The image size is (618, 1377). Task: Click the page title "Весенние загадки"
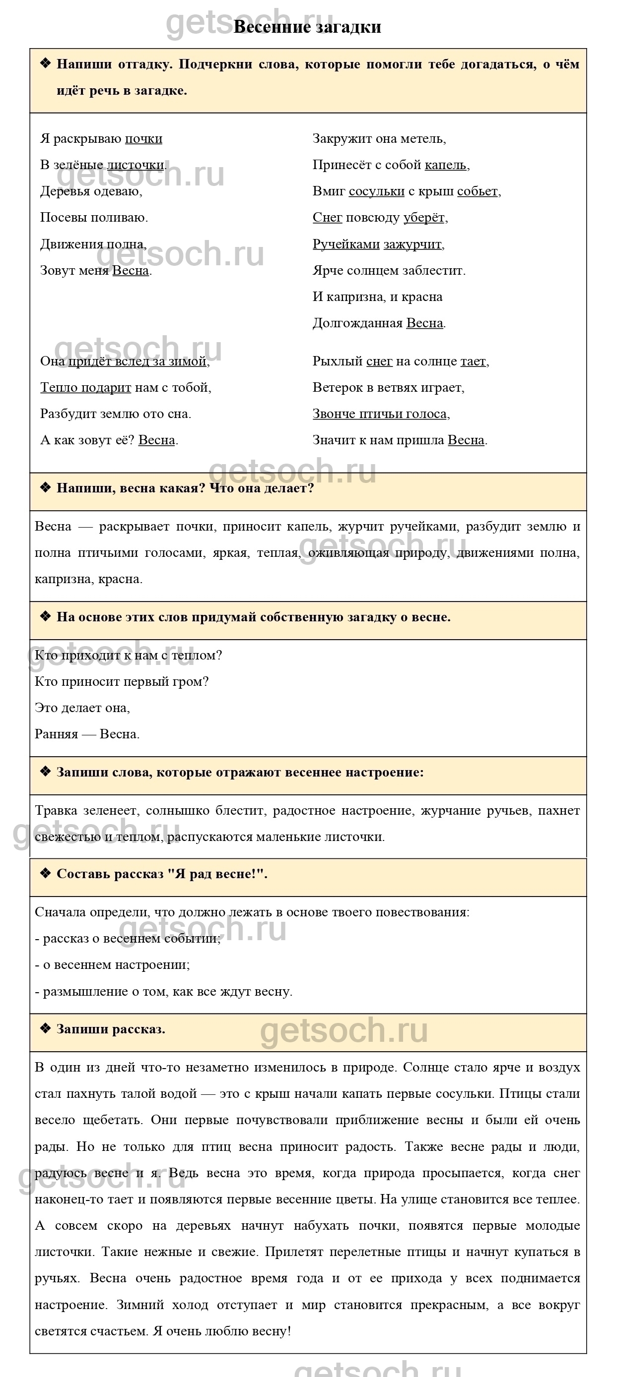click(x=307, y=27)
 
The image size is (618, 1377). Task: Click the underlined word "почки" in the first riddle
click(x=143, y=138)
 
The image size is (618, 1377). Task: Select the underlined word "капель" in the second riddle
click(x=445, y=165)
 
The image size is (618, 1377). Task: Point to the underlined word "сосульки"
click(x=377, y=191)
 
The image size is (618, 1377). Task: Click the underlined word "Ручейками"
click(x=345, y=244)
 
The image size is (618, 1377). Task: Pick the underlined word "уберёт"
click(x=424, y=217)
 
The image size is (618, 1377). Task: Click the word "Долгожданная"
click(x=357, y=323)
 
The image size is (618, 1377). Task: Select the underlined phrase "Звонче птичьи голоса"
click(x=380, y=414)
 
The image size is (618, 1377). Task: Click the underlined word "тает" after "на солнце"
click(x=473, y=361)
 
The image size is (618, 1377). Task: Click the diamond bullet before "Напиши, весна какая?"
click(x=46, y=487)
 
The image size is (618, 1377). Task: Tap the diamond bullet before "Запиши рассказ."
click(x=46, y=1028)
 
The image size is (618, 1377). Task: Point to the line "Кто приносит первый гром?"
click(x=122, y=681)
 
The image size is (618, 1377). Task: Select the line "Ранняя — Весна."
click(x=87, y=734)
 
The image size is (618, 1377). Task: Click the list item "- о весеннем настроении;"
click(x=112, y=964)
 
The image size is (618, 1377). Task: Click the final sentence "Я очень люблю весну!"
click(x=221, y=1330)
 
